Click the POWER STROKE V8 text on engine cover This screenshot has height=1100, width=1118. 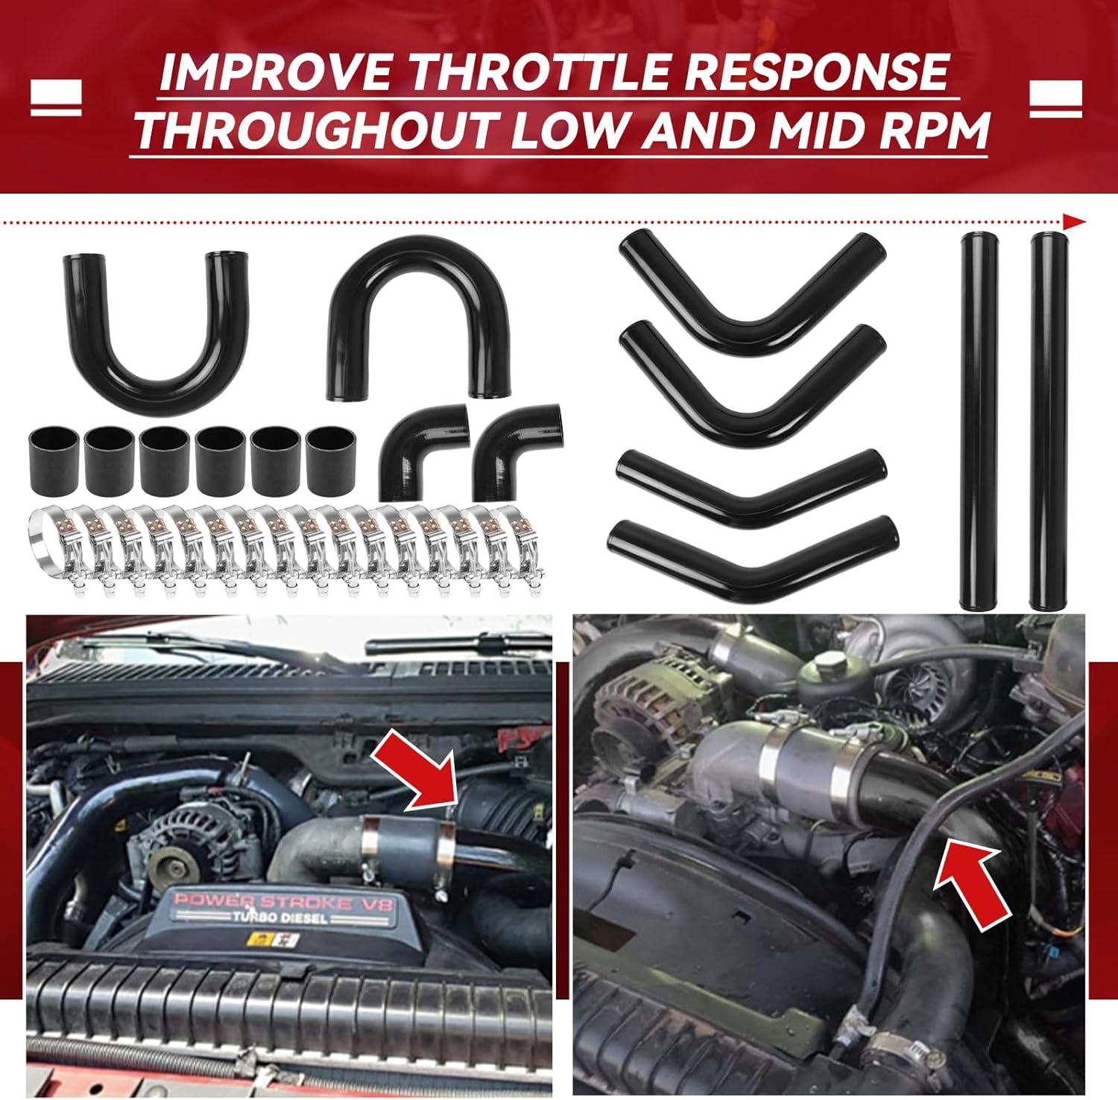pyautogui.click(x=283, y=903)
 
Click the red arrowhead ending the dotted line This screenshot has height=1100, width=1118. pyautogui.click(x=1074, y=222)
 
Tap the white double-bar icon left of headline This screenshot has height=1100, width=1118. pyautogui.click(x=56, y=98)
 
